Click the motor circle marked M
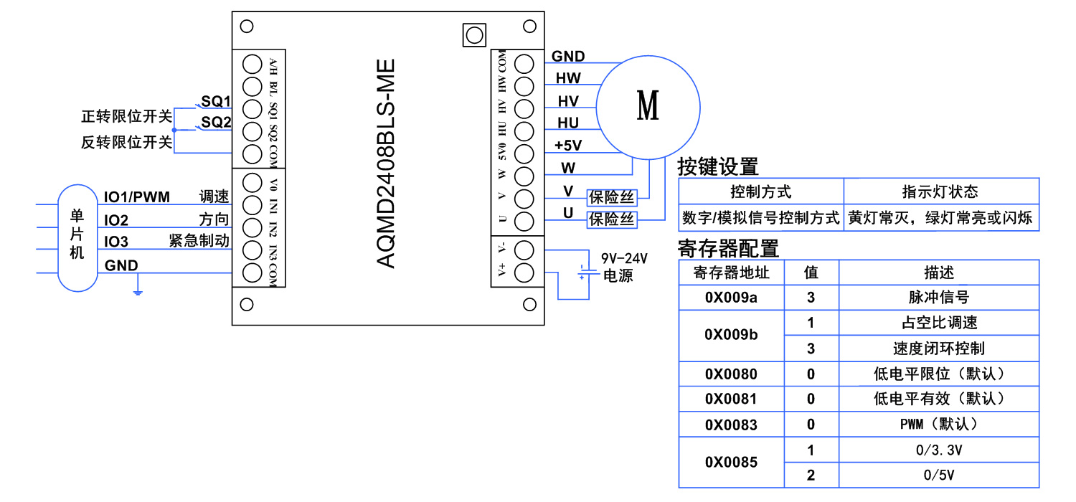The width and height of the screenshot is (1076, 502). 648,106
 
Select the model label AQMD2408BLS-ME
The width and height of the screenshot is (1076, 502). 387,164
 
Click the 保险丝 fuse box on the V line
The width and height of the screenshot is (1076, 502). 612,197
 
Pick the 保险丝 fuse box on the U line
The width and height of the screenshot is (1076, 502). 612,219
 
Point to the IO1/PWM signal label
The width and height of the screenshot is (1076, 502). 137,197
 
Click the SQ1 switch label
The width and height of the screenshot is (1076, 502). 215,101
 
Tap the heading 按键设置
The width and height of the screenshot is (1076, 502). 717,166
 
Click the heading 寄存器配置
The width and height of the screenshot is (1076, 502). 728,248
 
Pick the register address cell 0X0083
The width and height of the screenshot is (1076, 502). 731,425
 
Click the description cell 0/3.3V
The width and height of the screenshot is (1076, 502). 938,450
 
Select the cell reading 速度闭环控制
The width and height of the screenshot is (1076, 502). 938,349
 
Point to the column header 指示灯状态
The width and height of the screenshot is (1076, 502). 940,192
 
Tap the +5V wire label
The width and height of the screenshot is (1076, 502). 568,146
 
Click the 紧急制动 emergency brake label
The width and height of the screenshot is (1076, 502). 199,241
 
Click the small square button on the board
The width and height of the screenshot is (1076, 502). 473,34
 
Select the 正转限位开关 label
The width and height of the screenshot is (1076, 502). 127,117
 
